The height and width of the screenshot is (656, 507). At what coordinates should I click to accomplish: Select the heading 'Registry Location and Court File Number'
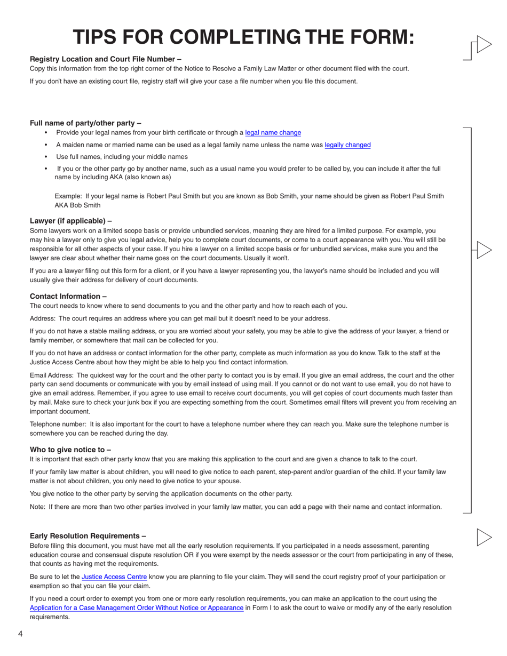tap(105, 59)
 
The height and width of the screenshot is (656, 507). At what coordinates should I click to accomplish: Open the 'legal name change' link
tap(273, 133)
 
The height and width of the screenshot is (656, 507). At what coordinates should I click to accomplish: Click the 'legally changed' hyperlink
tap(347, 145)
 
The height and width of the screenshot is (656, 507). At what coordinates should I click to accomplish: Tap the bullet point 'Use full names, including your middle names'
tap(122, 157)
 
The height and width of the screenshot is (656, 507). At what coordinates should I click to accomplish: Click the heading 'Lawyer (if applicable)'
tap(70, 221)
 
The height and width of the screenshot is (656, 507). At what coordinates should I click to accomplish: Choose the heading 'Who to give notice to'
tap(70, 450)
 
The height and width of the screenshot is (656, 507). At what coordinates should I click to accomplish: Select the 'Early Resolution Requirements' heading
tap(88, 536)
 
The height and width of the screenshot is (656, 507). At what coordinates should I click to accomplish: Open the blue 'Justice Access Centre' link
tap(114, 577)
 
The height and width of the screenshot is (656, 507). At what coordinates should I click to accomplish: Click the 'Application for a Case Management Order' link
tap(137, 608)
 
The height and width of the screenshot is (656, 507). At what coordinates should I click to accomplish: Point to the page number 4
tap(20, 634)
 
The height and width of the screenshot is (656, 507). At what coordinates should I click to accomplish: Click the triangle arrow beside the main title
tap(483, 44)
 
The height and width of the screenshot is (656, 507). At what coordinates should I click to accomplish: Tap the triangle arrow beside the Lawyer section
tap(483, 250)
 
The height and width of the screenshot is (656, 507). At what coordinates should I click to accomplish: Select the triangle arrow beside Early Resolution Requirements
tap(483, 537)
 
